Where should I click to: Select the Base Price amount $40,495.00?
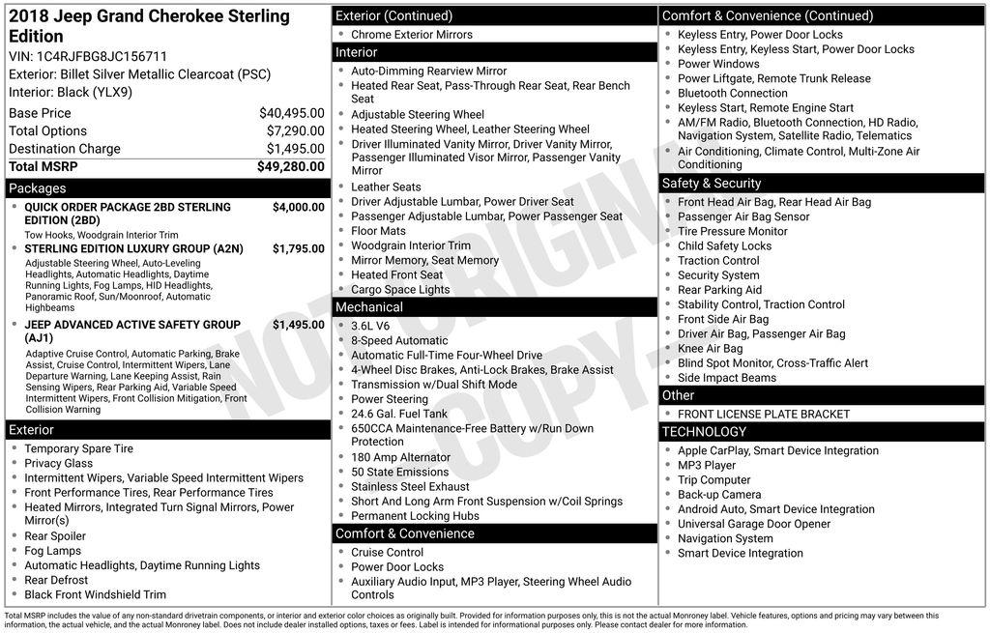coord(291,113)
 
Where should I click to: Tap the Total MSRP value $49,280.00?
coord(290,166)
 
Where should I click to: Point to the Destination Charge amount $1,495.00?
coord(295,149)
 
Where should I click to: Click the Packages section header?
coord(38,188)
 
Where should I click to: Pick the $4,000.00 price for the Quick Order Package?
coord(298,207)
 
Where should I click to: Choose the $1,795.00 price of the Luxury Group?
coord(298,248)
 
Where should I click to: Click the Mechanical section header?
coord(369,307)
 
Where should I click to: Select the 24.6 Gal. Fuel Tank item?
coord(399,414)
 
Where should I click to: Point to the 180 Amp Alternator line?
coord(400,457)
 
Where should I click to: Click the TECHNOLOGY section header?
coord(704,432)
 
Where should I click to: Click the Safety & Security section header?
coord(712,184)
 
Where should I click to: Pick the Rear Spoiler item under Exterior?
coord(55,536)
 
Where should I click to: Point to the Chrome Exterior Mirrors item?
coord(412,35)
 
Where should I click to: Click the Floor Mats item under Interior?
coord(378,231)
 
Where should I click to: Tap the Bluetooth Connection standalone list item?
coord(733,94)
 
